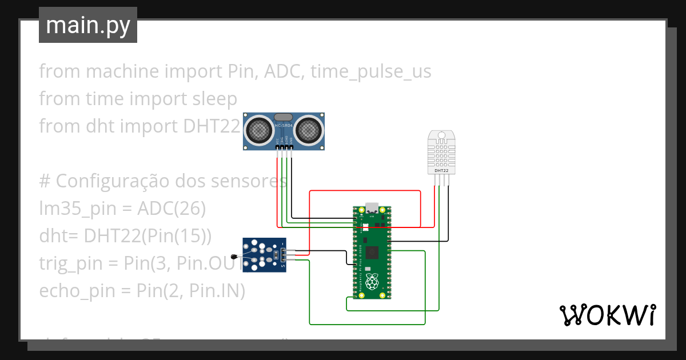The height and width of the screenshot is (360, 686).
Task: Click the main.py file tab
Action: click(x=87, y=25)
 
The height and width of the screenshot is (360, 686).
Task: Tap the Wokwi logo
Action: click(x=607, y=315)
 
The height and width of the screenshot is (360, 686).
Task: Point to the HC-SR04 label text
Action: click(x=284, y=125)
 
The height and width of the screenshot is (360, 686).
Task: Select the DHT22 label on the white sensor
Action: click(x=441, y=170)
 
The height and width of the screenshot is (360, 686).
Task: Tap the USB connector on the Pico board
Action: click(x=372, y=207)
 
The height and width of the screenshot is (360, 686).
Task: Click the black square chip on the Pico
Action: click(x=373, y=251)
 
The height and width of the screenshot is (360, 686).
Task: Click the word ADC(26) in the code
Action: click(x=171, y=209)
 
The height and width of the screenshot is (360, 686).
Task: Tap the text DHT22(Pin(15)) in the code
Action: click(x=147, y=236)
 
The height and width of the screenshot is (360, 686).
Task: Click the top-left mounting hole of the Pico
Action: click(x=361, y=210)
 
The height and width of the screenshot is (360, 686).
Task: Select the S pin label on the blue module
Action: click(x=282, y=265)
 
